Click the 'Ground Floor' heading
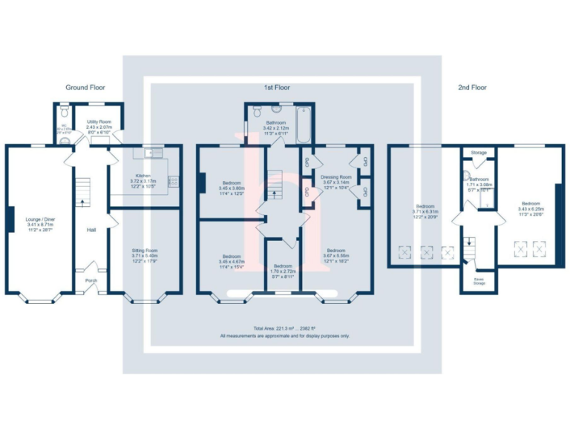85,87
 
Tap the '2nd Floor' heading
472,87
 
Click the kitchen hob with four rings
174,179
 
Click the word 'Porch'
91,280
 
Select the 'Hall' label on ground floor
91,230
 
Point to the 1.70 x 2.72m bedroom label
284,269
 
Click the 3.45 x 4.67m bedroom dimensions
232,262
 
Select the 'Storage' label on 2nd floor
479,153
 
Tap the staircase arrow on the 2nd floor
468,242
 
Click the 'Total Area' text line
284,327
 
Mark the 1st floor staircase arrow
276,192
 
